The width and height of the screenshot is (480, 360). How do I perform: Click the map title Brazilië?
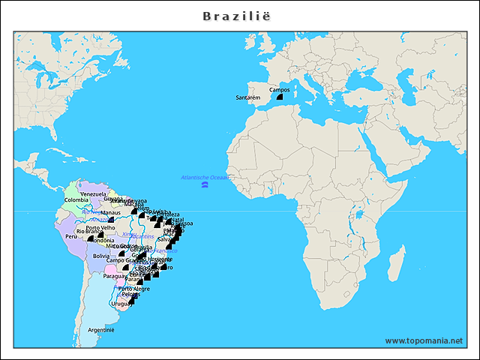click(x=239, y=15)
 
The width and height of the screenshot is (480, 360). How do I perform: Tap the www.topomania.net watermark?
click(x=424, y=340)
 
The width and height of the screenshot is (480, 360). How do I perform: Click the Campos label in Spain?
click(x=279, y=89)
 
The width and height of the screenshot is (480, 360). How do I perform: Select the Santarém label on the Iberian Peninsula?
click(x=247, y=97)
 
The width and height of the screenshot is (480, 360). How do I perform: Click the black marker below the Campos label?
click(x=279, y=97)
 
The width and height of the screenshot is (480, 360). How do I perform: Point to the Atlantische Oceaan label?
click(x=205, y=177)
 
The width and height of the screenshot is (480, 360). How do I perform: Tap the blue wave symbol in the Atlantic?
click(x=205, y=184)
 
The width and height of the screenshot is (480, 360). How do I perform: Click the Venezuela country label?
click(x=93, y=194)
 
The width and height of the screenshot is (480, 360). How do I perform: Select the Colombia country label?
click(x=76, y=200)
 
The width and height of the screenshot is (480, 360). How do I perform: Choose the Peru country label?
click(x=71, y=236)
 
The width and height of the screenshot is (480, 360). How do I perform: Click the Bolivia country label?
click(x=101, y=256)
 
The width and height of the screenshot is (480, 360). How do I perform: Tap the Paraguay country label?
click(x=114, y=275)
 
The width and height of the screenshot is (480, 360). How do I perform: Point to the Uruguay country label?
click(x=121, y=304)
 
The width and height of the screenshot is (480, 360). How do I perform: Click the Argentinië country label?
click(x=100, y=330)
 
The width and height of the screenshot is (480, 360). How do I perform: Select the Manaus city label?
click(x=110, y=212)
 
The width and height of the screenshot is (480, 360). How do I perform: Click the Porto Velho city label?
click(x=100, y=227)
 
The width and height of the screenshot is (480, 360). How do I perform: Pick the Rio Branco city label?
click(x=88, y=232)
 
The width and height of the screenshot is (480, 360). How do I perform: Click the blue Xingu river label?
click(x=129, y=234)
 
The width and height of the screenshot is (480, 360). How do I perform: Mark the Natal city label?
click(x=177, y=220)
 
